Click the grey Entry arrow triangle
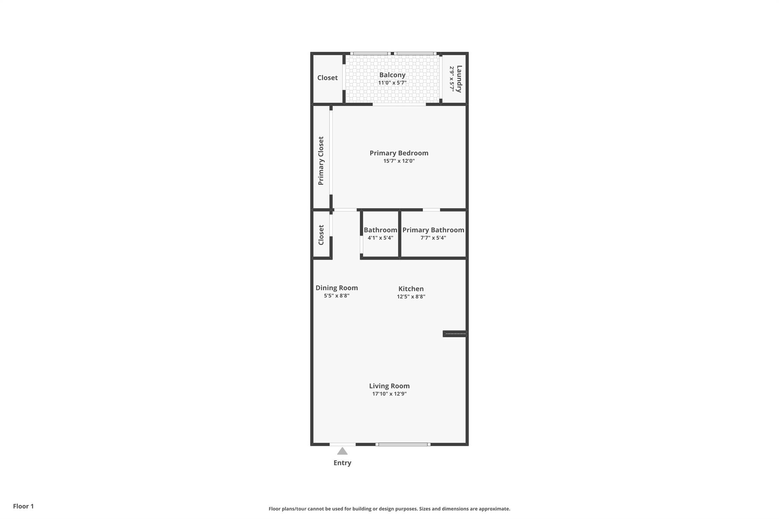342,451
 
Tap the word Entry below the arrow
342,463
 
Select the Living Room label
389,386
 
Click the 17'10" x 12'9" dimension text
389,394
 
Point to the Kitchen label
411,289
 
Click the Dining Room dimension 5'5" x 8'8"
337,296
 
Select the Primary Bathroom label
433,230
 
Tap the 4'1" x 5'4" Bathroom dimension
380,238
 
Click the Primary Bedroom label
399,153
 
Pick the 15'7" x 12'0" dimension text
399,161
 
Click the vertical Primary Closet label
321,161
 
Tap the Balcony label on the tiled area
392,75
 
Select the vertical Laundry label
459,79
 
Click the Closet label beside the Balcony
327,78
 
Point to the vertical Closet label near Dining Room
321,235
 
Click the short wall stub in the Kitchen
455,334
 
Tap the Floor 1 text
23,506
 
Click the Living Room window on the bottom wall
403,444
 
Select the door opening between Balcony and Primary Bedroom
399,104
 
